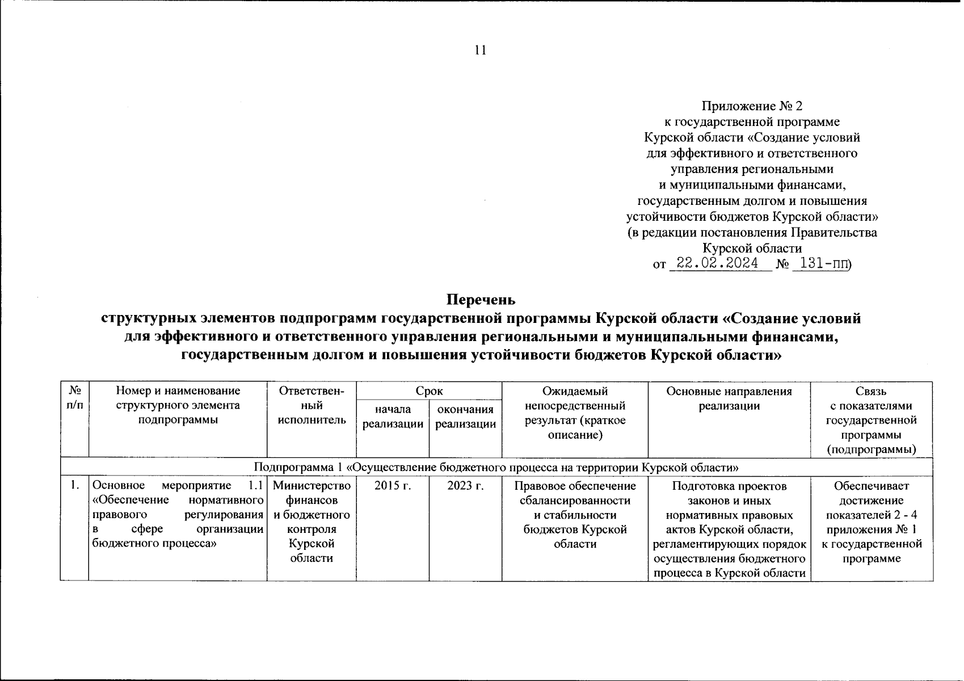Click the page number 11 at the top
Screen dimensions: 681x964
(x=480, y=51)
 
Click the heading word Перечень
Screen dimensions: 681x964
(x=481, y=299)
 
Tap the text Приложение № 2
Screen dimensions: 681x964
(x=752, y=106)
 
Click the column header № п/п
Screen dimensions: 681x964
(x=74, y=398)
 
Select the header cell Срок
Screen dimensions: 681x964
(x=429, y=390)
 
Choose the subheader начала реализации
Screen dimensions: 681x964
(x=393, y=417)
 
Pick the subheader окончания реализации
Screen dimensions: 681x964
(x=465, y=417)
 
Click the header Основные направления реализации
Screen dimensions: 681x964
(x=729, y=398)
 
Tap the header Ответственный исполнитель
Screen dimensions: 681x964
(x=311, y=405)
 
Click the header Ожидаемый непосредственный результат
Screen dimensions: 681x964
(x=575, y=413)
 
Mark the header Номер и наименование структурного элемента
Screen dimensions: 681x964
(x=178, y=405)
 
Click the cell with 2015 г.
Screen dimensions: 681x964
(x=393, y=486)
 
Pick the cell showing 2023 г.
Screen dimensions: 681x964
(x=465, y=486)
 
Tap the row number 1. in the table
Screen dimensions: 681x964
(x=74, y=486)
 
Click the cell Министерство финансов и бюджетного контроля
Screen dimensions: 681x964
(x=311, y=522)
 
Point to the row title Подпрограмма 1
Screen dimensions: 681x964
(x=496, y=468)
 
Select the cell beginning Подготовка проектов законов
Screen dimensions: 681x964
(x=729, y=529)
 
